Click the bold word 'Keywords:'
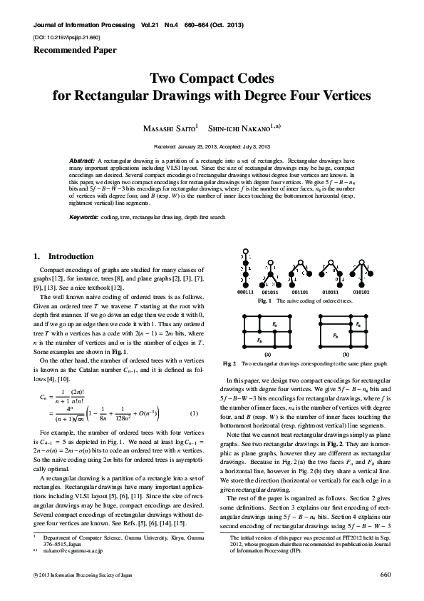(x=84, y=216)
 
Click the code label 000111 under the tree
(x=246, y=292)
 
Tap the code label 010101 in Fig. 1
(x=361, y=292)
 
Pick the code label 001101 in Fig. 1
(x=299, y=292)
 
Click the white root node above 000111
(x=246, y=253)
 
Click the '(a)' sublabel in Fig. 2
(x=267, y=353)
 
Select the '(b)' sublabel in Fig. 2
(x=345, y=353)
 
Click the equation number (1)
(x=193, y=414)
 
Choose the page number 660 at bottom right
(x=386, y=574)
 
